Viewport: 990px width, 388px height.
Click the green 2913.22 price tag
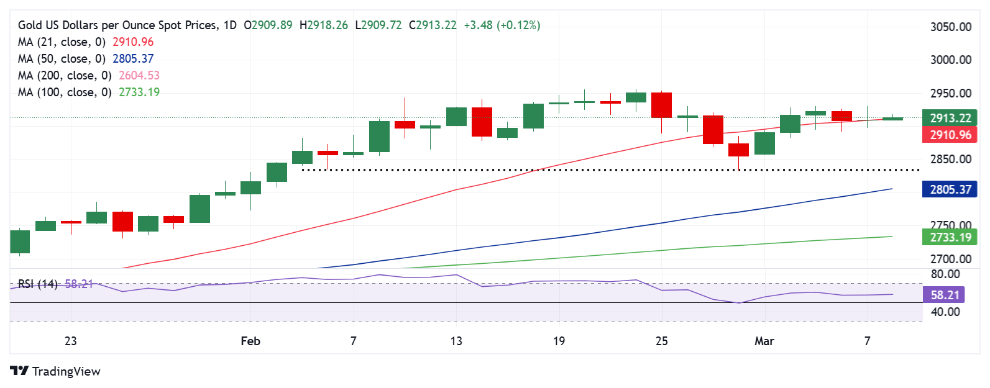(x=950, y=118)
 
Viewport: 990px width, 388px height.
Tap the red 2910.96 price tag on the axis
(x=950, y=135)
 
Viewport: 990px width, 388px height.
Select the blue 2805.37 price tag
(x=950, y=189)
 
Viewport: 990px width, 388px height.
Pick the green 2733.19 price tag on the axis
(x=950, y=237)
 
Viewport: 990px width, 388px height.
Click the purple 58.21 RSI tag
(x=944, y=295)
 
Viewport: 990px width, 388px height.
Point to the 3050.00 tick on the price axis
(x=950, y=27)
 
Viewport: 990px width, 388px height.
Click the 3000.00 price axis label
(x=950, y=60)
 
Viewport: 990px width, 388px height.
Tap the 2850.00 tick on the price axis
(x=950, y=159)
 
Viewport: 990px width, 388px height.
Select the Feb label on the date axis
(x=250, y=341)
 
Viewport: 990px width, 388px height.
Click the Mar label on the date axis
(x=764, y=341)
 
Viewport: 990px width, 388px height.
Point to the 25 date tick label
(x=661, y=341)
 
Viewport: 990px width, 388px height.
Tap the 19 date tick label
(x=559, y=341)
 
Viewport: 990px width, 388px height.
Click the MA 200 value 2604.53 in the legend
(x=136, y=75)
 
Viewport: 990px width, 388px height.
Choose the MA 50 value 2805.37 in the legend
(x=133, y=58)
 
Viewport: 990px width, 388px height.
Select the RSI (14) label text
(x=38, y=284)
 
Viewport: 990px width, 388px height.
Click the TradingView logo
(x=55, y=371)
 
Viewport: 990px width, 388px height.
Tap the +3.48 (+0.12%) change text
(x=502, y=25)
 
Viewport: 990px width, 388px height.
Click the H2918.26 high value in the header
(x=324, y=25)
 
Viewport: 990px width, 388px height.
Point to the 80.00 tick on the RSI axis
(x=945, y=274)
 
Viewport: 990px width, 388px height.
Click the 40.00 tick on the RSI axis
(x=945, y=312)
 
